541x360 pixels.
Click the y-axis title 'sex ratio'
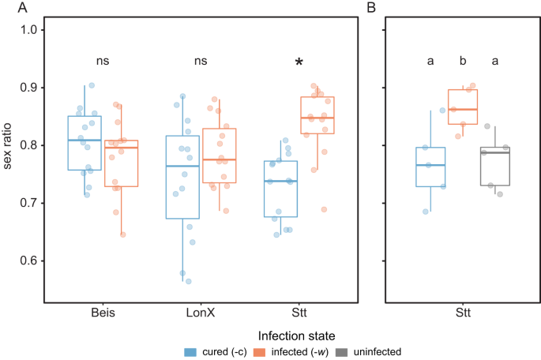tap(9, 145)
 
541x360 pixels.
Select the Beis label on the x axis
tap(103, 313)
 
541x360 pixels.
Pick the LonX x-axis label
tap(201, 313)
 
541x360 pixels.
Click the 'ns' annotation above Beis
tap(103, 59)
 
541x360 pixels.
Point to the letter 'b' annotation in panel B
tap(463, 59)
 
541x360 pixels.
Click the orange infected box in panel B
tap(463, 107)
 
